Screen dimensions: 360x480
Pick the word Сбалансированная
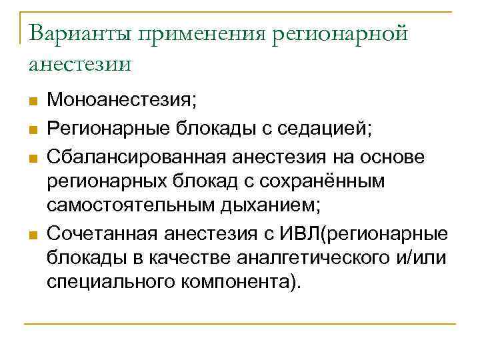click(136, 155)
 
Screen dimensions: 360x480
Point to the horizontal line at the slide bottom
click(240, 324)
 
